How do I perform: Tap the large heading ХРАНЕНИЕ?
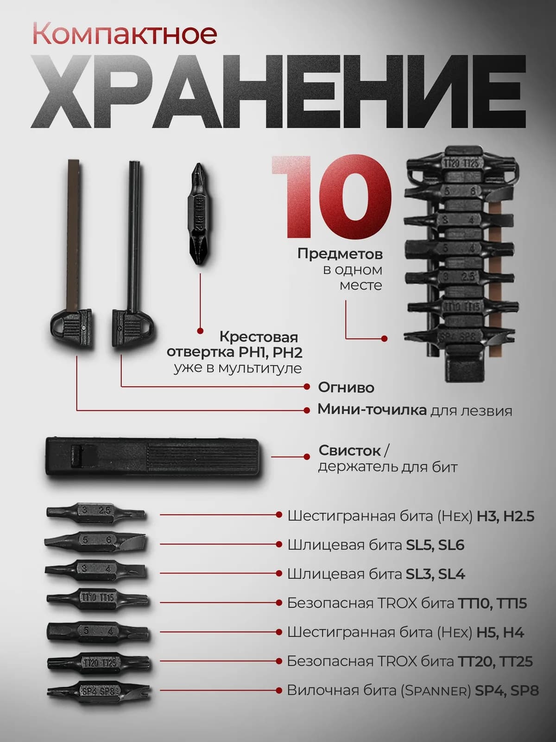(278, 91)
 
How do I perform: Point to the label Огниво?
(346, 387)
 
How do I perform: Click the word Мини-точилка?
(372, 409)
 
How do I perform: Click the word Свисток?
(349, 450)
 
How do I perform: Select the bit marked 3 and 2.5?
(96, 513)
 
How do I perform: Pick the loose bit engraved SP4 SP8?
(99, 691)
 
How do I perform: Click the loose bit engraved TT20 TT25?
(99, 663)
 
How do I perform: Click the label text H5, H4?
(500, 632)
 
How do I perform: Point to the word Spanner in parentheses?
(436, 691)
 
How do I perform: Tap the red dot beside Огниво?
(307, 386)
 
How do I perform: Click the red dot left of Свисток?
(307, 457)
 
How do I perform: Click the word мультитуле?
(260, 368)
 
